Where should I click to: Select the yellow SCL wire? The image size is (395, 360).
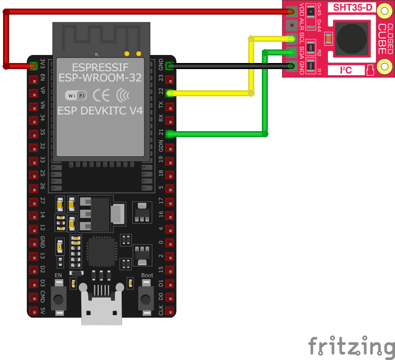(x=251, y=66)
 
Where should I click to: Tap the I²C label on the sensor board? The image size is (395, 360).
(x=346, y=70)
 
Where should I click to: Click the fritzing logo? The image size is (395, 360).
(x=351, y=347)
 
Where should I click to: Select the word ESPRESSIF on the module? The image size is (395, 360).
(x=100, y=67)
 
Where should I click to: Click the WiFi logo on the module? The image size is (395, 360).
(x=76, y=95)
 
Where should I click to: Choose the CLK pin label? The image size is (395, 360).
(x=160, y=310)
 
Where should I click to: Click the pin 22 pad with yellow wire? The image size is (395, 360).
(x=170, y=93)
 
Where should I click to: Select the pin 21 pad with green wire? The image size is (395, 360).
(x=170, y=134)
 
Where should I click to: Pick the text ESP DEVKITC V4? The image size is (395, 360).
(x=100, y=111)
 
